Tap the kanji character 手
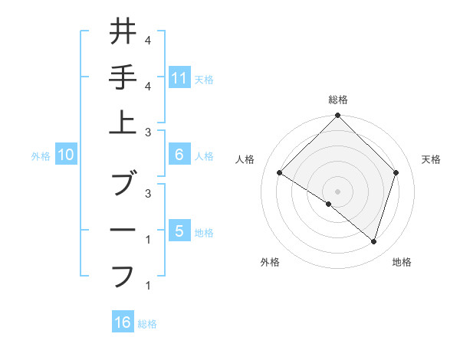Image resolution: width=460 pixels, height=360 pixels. (x=123, y=78)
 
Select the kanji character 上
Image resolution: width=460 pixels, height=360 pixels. (x=123, y=123)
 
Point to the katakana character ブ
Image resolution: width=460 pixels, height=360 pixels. (x=123, y=185)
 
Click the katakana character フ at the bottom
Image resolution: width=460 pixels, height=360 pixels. (x=123, y=274)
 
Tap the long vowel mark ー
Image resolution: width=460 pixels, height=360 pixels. (x=123, y=231)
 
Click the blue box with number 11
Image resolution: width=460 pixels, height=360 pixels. (x=179, y=77)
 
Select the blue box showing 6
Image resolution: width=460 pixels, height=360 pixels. (x=179, y=155)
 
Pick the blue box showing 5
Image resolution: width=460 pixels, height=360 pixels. (x=179, y=231)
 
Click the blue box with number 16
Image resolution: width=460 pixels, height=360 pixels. (x=123, y=322)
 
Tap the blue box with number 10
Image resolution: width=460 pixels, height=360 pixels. (x=66, y=155)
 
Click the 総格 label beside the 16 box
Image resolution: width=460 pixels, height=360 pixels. (x=147, y=324)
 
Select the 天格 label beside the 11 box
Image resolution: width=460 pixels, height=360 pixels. (x=204, y=79)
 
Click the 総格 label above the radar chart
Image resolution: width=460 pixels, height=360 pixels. (x=337, y=100)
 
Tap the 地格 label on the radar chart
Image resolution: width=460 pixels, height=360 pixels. (x=402, y=262)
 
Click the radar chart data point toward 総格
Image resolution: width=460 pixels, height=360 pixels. (x=337, y=117)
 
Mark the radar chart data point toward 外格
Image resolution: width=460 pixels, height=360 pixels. (x=329, y=205)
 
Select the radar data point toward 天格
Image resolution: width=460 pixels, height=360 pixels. (x=396, y=173)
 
